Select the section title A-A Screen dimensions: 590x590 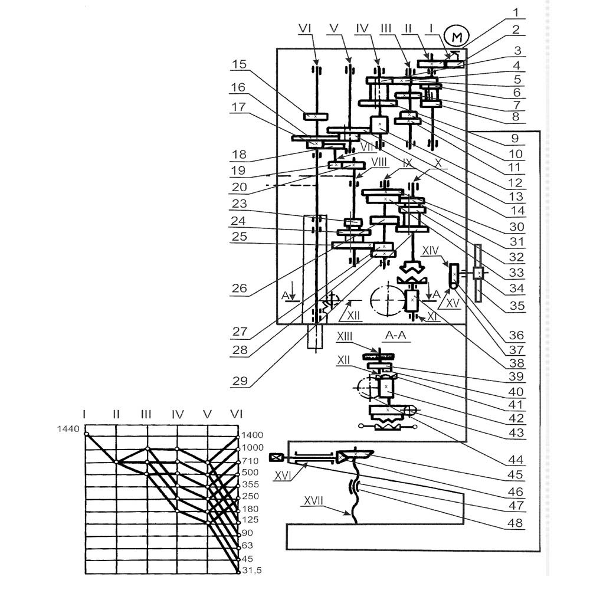(395, 335)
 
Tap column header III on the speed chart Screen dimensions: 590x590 (146, 414)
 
